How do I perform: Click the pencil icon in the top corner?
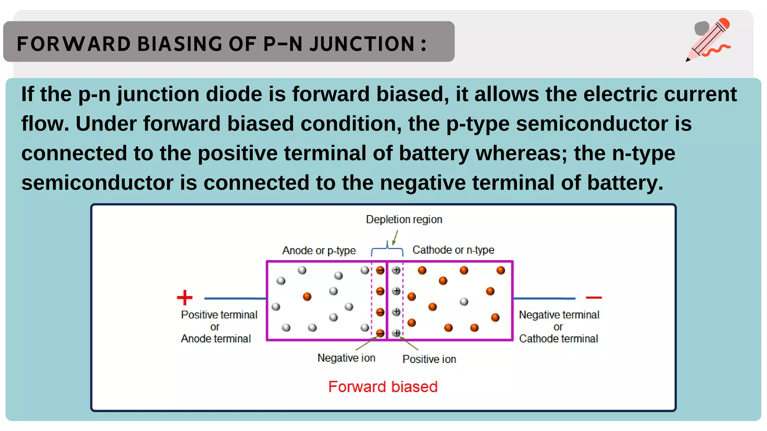[708, 39]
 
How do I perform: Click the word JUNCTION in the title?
[362, 44]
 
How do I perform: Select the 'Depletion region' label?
[404, 219]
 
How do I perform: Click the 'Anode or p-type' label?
[319, 250]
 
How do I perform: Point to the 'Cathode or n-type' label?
[453, 250]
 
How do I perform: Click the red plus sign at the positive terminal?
[185, 298]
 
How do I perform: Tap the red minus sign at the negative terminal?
[594, 298]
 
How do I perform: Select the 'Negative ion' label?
[346, 358]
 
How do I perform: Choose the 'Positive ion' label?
[429, 359]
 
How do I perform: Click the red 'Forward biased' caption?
[383, 387]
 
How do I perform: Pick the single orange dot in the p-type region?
[307, 297]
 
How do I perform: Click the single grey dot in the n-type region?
[464, 302]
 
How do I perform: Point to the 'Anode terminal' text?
[216, 339]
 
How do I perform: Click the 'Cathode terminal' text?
[558, 339]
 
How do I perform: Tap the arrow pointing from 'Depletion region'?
[395, 238]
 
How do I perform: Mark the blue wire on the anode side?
[235, 299]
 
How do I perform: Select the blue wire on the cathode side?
[544, 299]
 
